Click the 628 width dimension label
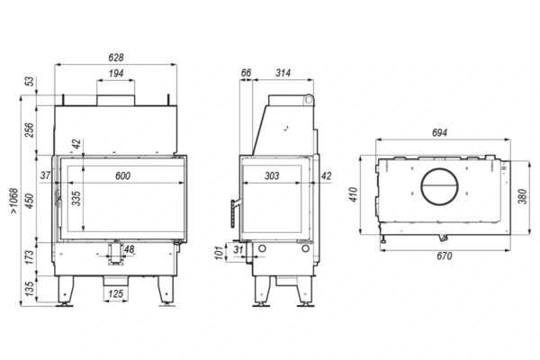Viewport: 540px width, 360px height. pyautogui.click(x=116, y=58)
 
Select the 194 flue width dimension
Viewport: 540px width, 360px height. pyautogui.click(x=116, y=74)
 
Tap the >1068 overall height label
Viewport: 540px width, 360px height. pyautogui.click(x=13, y=201)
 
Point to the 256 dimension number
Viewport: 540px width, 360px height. pyautogui.click(x=30, y=130)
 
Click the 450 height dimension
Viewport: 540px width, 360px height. pyautogui.click(x=30, y=201)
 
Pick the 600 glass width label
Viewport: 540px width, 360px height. pyautogui.click(x=123, y=175)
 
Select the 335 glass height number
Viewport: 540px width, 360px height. pyautogui.click(x=76, y=198)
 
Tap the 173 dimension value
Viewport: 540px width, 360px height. pyautogui.click(x=30, y=257)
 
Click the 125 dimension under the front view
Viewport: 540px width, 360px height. pyautogui.click(x=116, y=294)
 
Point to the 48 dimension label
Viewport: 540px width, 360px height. pyautogui.click(x=129, y=249)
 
